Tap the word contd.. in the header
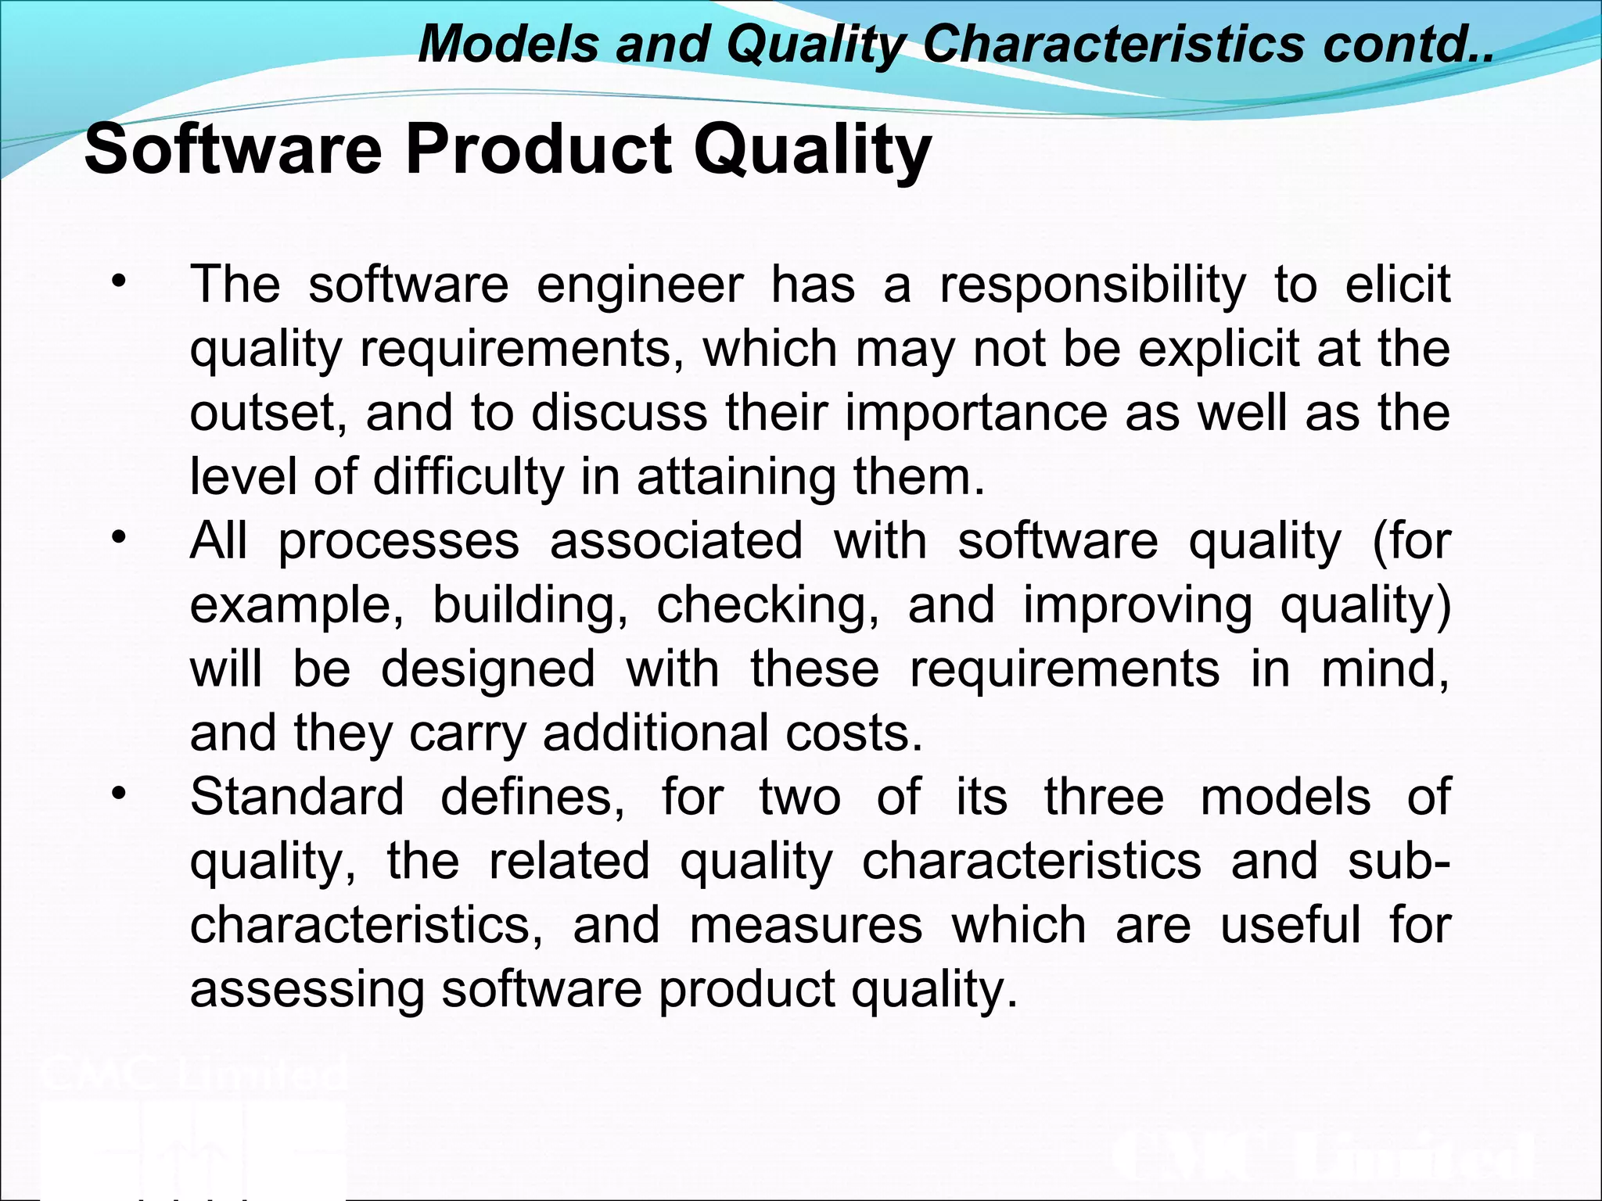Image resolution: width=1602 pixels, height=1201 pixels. point(1408,44)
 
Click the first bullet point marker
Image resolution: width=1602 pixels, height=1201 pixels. point(118,281)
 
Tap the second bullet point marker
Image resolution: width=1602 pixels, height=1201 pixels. point(118,538)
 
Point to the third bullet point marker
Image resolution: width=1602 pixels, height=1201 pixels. point(118,794)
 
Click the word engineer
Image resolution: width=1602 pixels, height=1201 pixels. point(640,285)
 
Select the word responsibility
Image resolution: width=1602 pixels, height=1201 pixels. point(1093,286)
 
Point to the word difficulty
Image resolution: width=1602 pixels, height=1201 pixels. point(468,477)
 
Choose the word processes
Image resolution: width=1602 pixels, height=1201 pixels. point(399,541)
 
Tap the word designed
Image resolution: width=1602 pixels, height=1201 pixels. point(488,669)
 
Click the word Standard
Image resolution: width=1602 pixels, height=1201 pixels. point(297,798)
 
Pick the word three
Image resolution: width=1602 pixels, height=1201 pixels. point(1104,798)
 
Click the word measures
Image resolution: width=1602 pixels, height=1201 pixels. point(806,926)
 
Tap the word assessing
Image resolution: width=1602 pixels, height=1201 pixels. point(307,990)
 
